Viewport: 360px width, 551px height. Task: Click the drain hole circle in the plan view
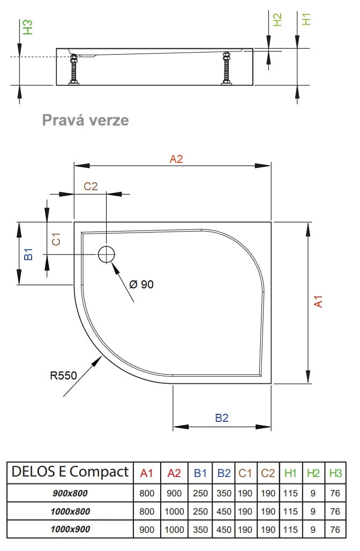point(107,254)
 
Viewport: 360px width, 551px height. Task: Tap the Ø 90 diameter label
point(141,285)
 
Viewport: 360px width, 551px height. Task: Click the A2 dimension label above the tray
point(176,159)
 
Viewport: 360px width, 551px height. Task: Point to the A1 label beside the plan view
point(318,302)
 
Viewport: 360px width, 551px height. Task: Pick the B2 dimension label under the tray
point(222,418)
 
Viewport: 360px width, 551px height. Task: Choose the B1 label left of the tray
point(30,254)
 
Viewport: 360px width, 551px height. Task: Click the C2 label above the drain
point(91,187)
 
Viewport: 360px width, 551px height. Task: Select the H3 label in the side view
point(28,27)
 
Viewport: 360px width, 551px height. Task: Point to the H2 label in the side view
point(277,20)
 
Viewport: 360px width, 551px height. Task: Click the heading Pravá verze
point(86,120)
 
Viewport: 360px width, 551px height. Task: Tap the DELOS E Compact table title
point(70,472)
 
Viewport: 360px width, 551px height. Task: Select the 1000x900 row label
point(70,529)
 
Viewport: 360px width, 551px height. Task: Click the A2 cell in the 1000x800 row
point(175,512)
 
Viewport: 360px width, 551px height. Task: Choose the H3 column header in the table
point(335,473)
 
